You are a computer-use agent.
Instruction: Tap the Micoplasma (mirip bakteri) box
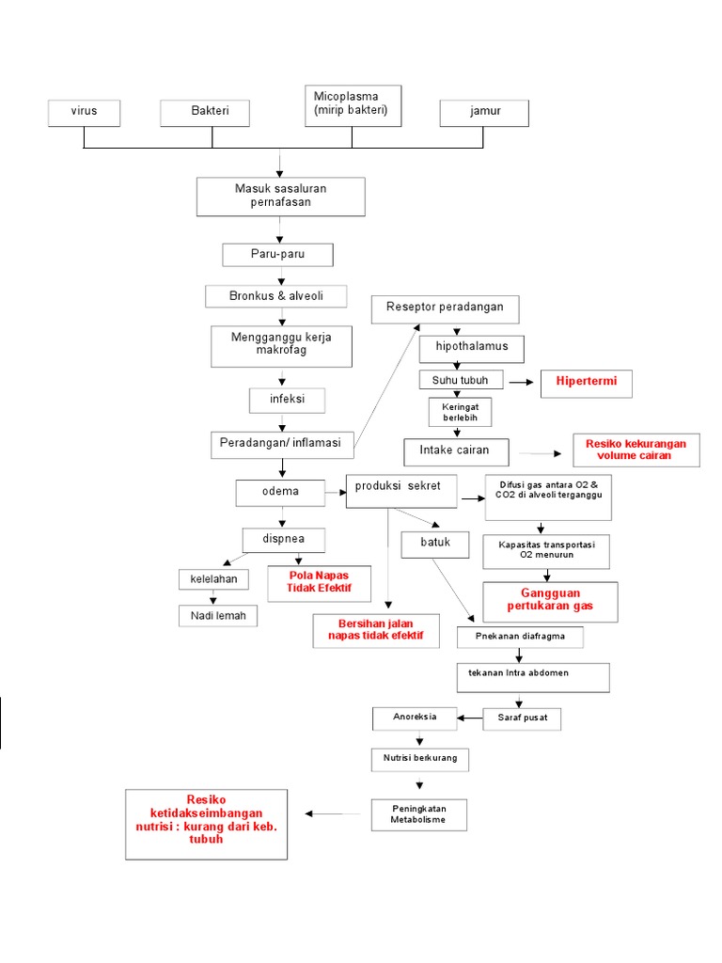[x=353, y=105]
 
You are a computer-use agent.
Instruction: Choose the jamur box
[x=484, y=113]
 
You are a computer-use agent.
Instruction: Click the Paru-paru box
[x=277, y=255]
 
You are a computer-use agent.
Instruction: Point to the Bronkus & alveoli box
[x=276, y=296]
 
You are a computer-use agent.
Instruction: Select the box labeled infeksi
[x=276, y=400]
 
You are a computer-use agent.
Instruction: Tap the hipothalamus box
[x=471, y=348]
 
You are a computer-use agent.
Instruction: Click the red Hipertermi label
[x=587, y=383]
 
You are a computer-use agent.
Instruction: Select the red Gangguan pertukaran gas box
[x=551, y=602]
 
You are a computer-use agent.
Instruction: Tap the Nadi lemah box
[x=218, y=616]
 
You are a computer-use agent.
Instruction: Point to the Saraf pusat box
[x=522, y=718]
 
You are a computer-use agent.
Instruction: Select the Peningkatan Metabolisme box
[x=417, y=814]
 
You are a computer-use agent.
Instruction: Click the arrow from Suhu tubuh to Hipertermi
[x=522, y=383]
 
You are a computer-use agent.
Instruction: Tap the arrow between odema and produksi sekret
[x=335, y=492]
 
